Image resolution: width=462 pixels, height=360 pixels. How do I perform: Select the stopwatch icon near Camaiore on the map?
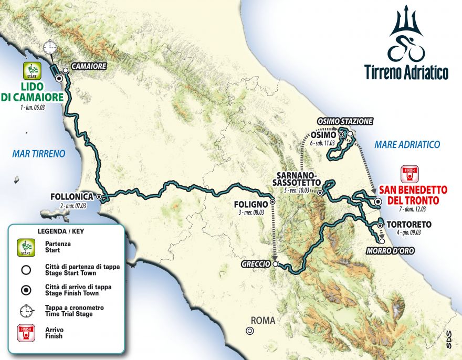(x=50, y=47)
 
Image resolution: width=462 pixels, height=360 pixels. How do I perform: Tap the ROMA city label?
(x=263, y=321)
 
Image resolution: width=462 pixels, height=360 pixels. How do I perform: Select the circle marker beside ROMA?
(x=250, y=331)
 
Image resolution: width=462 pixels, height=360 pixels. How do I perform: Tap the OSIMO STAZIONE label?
(x=348, y=121)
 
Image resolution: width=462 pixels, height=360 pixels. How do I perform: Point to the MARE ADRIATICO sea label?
(x=407, y=144)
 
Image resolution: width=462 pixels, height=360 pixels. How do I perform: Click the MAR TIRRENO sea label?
(x=39, y=154)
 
